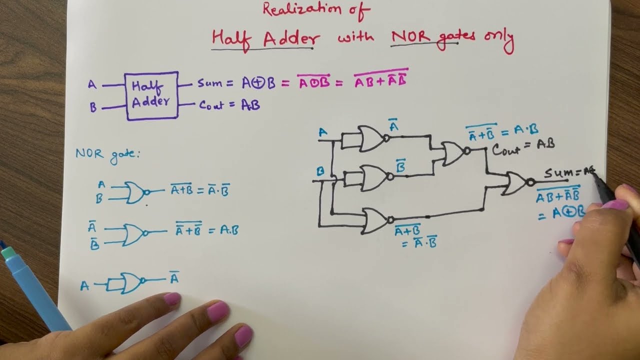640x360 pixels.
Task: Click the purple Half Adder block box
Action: pyautogui.click(x=152, y=95)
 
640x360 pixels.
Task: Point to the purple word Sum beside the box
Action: pyautogui.click(x=209, y=83)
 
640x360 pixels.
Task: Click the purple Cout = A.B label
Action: pyautogui.click(x=229, y=105)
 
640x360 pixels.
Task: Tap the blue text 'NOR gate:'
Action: pyautogui.click(x=108, y=153)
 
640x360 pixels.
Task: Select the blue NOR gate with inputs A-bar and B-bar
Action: pyautogui.click(x=134, y=233)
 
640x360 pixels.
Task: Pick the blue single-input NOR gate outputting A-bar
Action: pyautogui.click(x=130, y=283)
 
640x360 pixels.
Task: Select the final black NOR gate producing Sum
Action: pyautogui.click(x=516, y=183)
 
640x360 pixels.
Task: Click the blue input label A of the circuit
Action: pyautogui.click(x=323, y=132)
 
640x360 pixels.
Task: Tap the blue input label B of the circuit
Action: pyautogui.click(x=320, y=171)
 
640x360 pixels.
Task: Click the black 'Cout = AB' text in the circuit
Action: pyautogui.click(x=523, y=146)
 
